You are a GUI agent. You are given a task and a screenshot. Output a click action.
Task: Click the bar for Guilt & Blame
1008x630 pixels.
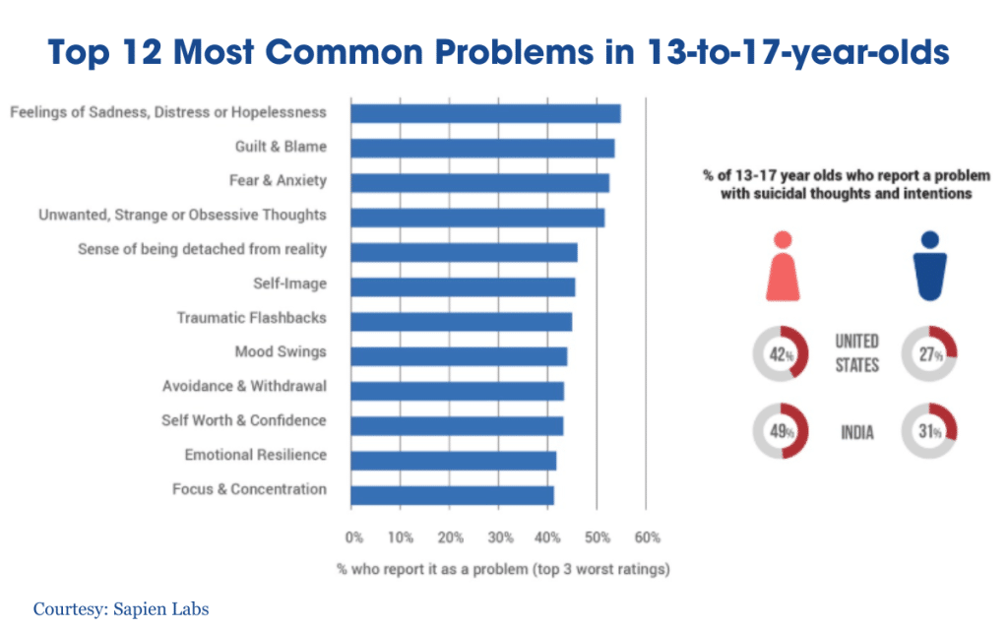pos(482,148)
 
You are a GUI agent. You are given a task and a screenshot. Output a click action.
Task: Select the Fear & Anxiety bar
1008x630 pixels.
pos(479,182)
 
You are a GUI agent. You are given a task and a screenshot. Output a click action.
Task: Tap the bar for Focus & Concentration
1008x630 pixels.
pos(452,494)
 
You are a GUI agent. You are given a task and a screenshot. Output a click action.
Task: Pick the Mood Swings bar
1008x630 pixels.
pos(459,355)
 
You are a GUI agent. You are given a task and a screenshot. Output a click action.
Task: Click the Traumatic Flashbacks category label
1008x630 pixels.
pos(251,318)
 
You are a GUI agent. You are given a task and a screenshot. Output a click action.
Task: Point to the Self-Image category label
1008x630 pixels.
pos(289,284)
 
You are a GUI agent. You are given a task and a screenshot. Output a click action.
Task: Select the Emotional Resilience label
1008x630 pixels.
pos(255,455)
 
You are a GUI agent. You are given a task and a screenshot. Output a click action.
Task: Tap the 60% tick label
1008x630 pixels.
pos(646,538)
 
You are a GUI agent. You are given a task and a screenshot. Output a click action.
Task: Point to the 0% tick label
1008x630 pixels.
pos(354,538)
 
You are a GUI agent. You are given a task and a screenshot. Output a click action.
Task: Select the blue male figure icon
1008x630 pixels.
pos(929,266)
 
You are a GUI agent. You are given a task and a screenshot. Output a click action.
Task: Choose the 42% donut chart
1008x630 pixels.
pos(781,355)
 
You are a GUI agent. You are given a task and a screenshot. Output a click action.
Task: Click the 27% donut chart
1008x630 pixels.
pos(929,355)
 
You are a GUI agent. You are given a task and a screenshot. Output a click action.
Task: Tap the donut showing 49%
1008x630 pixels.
pos(781,431)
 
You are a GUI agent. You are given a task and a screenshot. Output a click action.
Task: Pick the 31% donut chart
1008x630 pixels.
pos(929,431)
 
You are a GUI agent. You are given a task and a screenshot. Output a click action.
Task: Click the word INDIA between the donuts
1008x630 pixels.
pos(857,432)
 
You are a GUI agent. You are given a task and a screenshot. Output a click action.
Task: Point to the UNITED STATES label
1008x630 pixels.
pos(856,353)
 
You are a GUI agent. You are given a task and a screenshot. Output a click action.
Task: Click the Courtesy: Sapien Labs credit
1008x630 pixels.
pos(121,609)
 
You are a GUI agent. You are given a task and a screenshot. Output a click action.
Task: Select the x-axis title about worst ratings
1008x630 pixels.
pos(502,569)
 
